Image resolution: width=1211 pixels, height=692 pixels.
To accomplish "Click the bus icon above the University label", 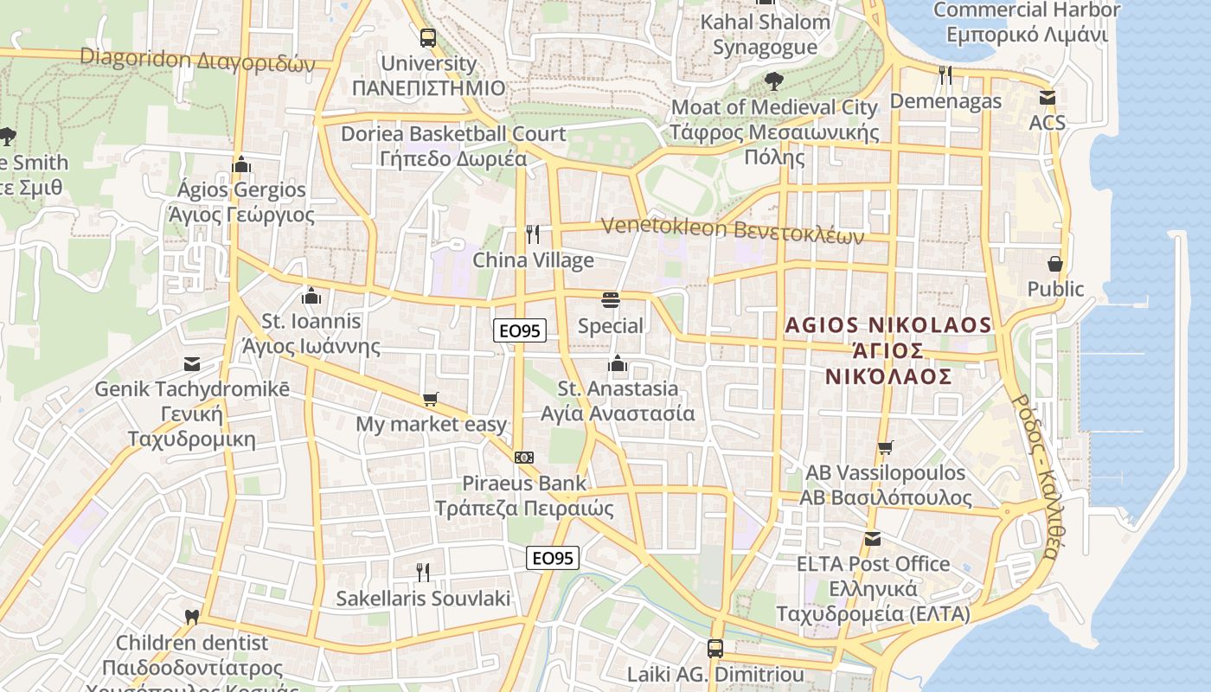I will (428, 38).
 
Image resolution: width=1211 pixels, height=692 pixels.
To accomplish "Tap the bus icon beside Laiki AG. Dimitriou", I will (715, 648).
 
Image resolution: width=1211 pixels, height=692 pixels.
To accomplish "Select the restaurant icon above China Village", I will (533, 234).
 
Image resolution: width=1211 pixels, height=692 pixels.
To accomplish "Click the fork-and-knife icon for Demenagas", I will (945, 75).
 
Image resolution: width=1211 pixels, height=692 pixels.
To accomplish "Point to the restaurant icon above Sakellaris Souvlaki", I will (423, 572).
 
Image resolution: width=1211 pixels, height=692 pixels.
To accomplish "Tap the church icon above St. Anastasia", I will (617, 363).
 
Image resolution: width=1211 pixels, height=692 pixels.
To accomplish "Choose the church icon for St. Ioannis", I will (311, 296).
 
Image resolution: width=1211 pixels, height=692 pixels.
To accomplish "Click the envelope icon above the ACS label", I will (1048, 98).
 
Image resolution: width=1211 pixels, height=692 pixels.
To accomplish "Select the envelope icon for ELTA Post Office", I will (873, 539).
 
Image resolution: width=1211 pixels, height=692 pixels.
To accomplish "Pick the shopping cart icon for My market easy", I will (431, 399).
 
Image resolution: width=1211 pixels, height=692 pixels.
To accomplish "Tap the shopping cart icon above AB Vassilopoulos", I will (885, 447).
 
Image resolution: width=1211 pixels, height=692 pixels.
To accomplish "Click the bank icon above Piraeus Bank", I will (523, 457).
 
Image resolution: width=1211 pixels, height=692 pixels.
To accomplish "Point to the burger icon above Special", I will (611, 300).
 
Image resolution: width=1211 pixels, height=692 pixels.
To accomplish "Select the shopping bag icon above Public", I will (1055, 263).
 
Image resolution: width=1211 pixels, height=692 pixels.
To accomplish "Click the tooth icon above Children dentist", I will (192, 618).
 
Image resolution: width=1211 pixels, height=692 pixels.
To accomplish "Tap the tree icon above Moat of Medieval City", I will (773, 81).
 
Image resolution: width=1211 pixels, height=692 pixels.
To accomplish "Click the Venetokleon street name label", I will (732, 229).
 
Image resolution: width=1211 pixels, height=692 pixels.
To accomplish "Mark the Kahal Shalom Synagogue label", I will (765, 35).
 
